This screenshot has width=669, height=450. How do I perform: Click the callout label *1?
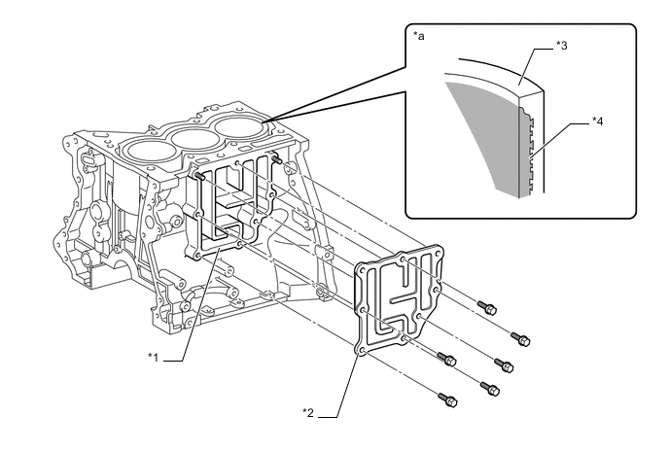(x=152, y=358)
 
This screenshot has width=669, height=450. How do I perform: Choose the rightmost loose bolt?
(x=524, y=340)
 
